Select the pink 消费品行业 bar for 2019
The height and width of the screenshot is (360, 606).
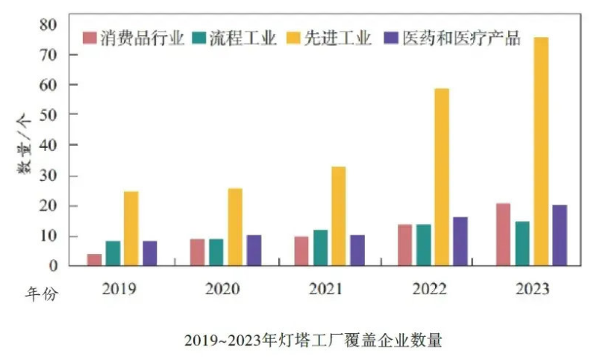coord(94,259)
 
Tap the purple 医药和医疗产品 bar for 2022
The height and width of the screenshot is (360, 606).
coord(460,240)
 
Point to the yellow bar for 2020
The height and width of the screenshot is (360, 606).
coord(234,226)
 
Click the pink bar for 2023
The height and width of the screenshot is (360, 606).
coord(503,234)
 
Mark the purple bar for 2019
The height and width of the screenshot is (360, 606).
coord(149,252)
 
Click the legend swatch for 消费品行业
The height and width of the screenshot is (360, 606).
coord(90,38)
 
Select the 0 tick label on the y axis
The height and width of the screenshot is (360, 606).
coord(52,266)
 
